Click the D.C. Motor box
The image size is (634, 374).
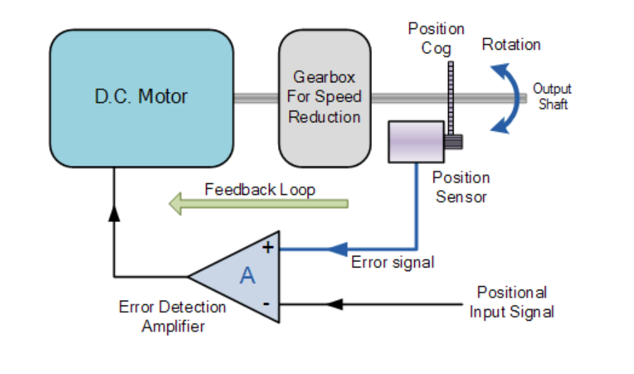click(141, 97)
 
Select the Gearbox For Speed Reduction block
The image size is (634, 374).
click(324, 97)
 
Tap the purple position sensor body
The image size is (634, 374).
click(416, 142)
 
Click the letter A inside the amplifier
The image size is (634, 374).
click(247, 276)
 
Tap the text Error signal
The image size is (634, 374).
click(392, 263)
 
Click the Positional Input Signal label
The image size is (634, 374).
click(512, 302)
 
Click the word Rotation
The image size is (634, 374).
click(511, 45)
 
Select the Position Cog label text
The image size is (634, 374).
click(436, 39)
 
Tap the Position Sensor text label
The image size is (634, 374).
click(461, 187)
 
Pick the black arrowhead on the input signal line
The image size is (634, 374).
click(335, 303)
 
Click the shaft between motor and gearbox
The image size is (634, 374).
click(255, 98)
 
